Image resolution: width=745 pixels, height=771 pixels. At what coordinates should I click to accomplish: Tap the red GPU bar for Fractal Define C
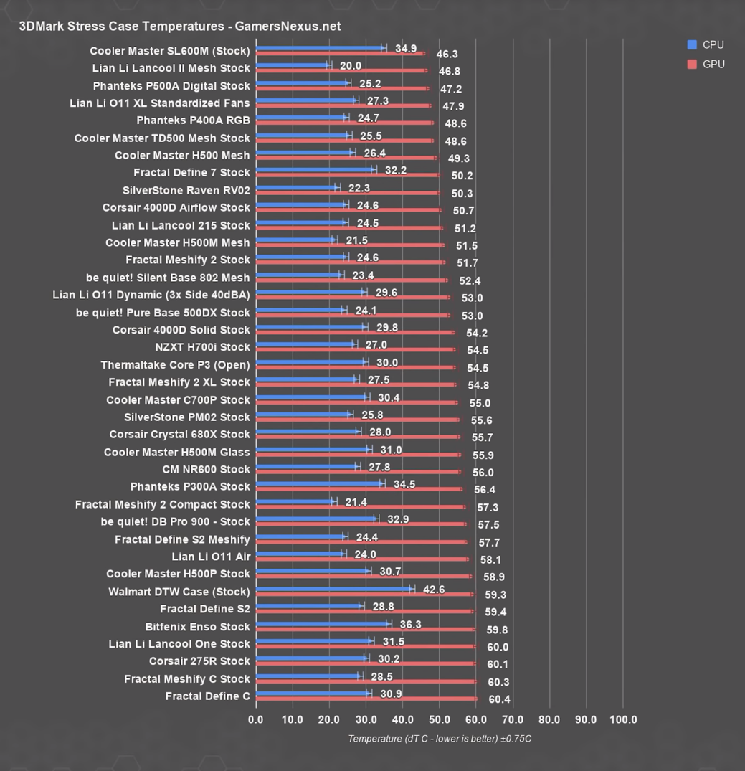pos(366,699)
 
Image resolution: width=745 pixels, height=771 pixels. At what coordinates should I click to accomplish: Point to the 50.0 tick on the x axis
pos(440,719)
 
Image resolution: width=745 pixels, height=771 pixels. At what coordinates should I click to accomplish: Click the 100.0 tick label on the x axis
pos(623,719)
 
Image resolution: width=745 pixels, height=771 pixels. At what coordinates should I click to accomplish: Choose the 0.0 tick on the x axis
pos(256,719)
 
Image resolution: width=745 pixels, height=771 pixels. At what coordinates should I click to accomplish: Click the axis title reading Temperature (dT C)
pos(440,739)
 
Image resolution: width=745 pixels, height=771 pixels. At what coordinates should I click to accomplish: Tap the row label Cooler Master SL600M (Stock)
pos(170,51)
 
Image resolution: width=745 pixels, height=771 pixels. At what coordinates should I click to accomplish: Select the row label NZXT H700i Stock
pos(203,347)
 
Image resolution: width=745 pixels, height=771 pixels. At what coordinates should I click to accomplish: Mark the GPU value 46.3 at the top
pos(447,54)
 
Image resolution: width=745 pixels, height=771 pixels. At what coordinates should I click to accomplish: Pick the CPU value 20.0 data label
pos(351,66)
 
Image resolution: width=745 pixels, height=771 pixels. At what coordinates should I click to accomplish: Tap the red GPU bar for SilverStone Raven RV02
pos(348,193)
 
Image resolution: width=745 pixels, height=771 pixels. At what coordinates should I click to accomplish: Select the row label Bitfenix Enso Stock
pos(198,626)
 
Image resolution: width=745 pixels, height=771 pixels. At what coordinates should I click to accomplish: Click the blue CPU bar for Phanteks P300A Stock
pos(320,484)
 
